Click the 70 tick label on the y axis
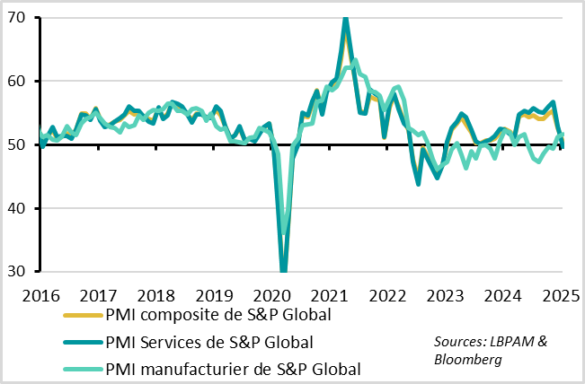[18, 18]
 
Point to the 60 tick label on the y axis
[18, 82]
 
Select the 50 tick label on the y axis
[18, 145]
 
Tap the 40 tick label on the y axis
[18, 208]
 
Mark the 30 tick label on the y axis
[18, 272]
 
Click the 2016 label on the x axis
[40, 295]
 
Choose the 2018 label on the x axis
[156, 295]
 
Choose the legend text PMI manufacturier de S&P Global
[233, 368]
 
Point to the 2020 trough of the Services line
[284, 269]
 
